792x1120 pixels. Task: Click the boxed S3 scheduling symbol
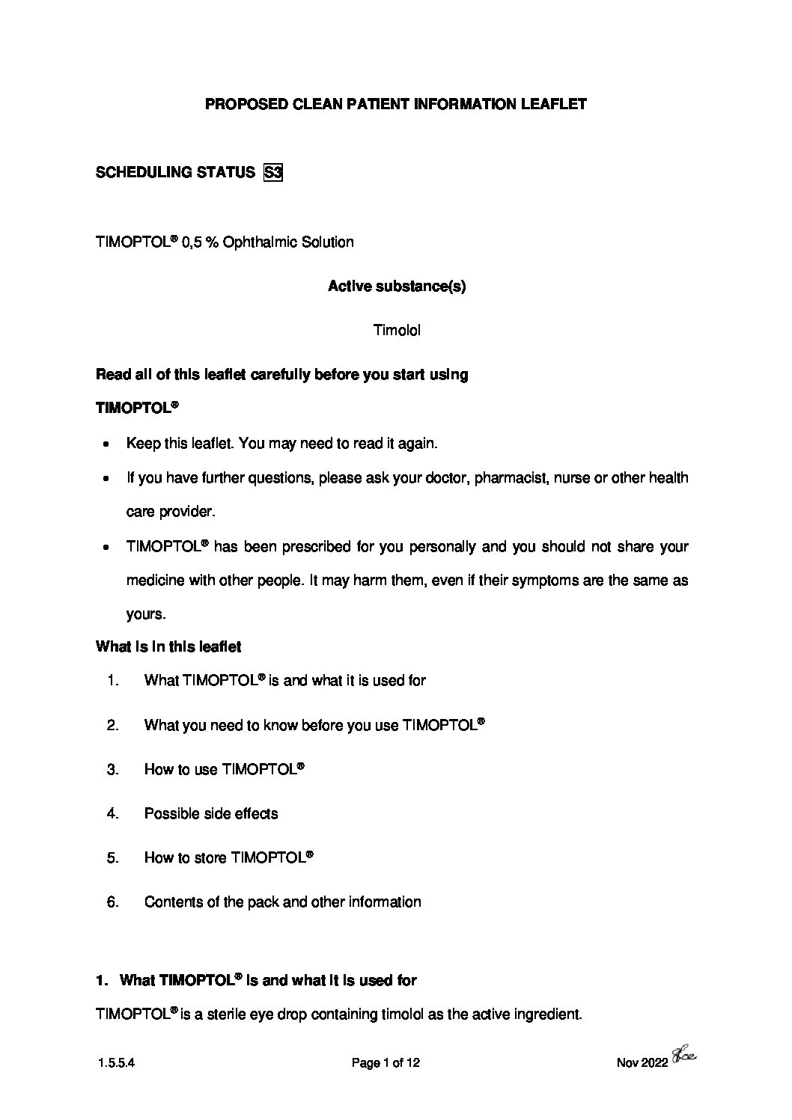point(272,173)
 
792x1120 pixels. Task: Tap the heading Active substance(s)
point(396,287)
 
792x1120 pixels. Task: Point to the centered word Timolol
point(396,330)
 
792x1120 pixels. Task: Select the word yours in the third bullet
point(144,614)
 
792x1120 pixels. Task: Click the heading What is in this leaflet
point(168,646)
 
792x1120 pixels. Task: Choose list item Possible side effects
point(210,814)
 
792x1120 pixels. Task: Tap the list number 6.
point(113,902)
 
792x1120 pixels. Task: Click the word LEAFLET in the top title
point(553,105)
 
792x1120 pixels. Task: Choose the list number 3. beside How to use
point(113,770)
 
